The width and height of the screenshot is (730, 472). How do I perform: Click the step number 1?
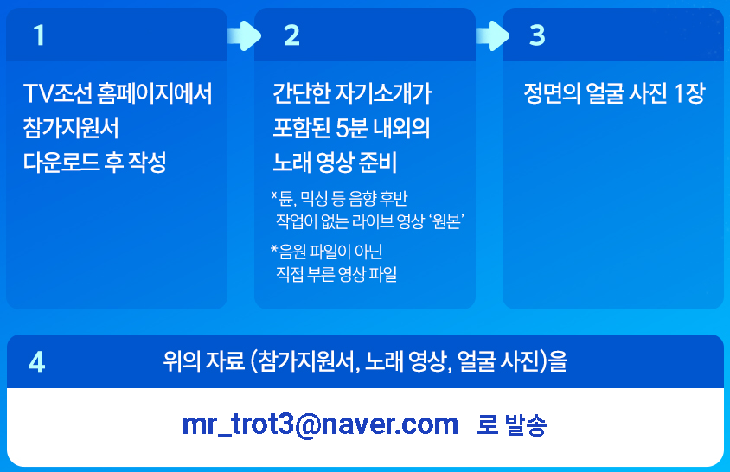point(39,35)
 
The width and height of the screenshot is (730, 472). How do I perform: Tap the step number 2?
point(291,35)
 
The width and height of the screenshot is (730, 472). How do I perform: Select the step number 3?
point(537,35)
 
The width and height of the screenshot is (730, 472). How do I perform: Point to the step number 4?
point(36,361)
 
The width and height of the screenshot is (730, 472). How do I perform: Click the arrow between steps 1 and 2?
point(243,35)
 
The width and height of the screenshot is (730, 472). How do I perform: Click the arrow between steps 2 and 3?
point(492,35)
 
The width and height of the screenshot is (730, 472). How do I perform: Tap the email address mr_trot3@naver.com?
point(320,424)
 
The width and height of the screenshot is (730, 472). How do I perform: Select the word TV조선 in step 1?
point(53,93)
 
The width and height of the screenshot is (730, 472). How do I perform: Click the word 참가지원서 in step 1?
point(71,128)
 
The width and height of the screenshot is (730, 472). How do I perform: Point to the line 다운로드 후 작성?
point(94,162)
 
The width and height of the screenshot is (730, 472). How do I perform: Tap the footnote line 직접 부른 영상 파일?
point(336,275)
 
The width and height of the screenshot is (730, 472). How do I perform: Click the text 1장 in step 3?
point(688,93)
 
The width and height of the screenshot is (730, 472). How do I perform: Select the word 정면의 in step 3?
point(553,93)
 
